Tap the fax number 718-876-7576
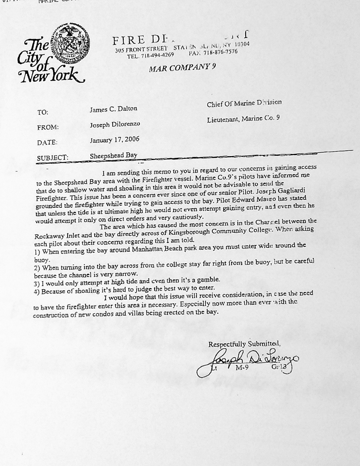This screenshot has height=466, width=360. (x=220, y=52)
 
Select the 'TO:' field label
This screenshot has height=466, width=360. (x=43, y=112)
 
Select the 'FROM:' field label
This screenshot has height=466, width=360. (x=48, y=127)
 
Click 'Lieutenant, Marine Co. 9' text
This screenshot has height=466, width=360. (x=243, y=118)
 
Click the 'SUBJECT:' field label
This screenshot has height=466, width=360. (x=52, y=158)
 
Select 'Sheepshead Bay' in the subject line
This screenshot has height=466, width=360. (x=113, y=155)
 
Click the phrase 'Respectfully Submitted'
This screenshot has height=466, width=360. (x=244, y=344)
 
